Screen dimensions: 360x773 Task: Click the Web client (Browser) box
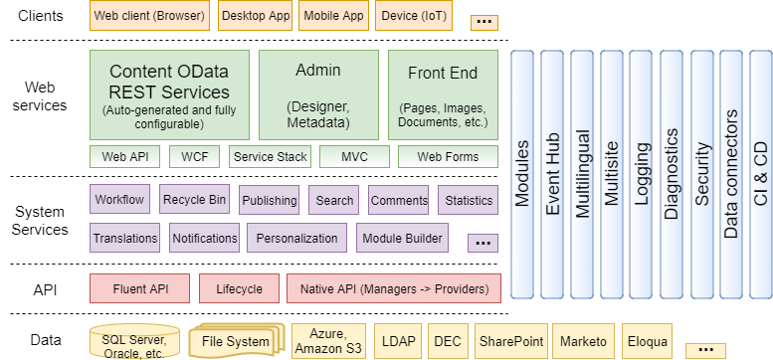(x=150, y=16)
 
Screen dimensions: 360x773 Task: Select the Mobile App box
(x=332, y=16)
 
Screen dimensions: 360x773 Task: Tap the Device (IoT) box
(x=413, y=16)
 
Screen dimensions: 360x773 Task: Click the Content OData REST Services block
(x=169, y=94)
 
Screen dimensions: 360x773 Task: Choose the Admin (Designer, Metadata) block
(x=318, y=94)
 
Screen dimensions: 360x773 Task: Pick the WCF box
(x=195, y=157)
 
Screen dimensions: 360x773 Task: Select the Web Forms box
(x=448, y=157)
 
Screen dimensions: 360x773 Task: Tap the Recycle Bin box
(x=194, y=200)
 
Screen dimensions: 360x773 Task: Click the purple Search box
(x=334, y=200)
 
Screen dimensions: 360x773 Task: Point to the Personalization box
(x=296, y=239)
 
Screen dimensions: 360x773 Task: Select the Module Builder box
(x=402, y=239)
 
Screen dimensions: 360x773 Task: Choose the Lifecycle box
(x=239, y=289)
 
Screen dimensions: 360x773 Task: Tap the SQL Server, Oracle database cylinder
(x=134, y=341)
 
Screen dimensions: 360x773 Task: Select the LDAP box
(x=398, y=341)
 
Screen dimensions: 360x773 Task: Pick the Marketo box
(x=582, y=341)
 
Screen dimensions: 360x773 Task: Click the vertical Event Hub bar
(x=553, y=174)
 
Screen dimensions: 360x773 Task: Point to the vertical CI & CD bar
(x=761, y=174)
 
